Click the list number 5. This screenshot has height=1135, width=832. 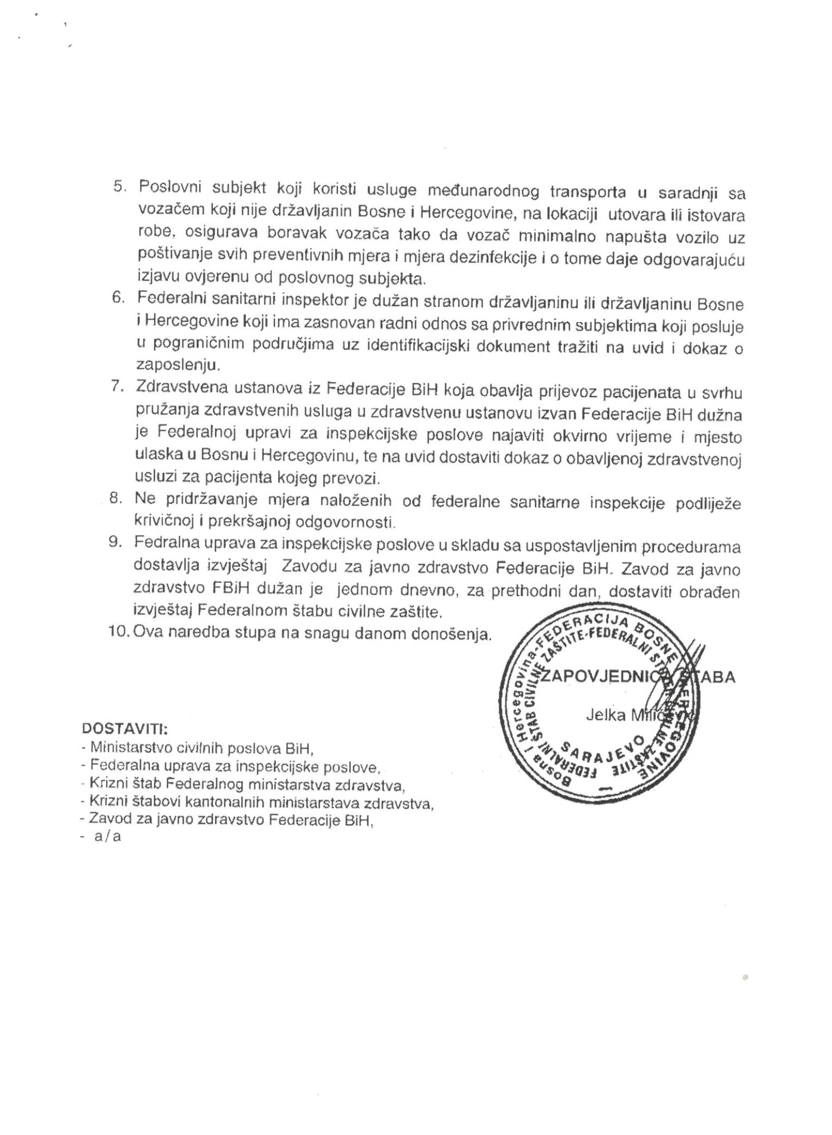click(x=119, y=187)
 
